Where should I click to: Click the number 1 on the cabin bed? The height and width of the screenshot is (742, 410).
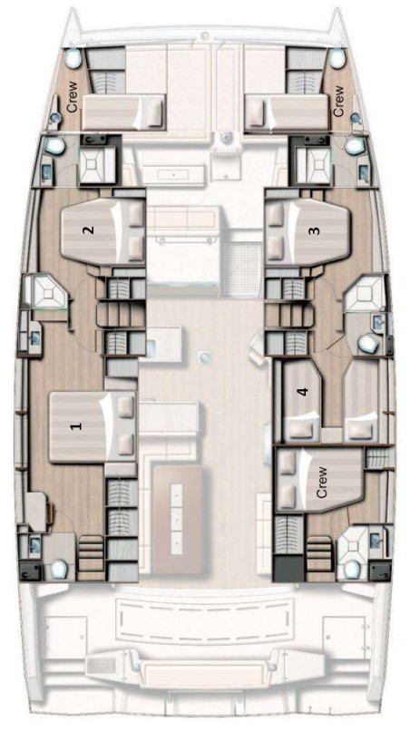pyautogui.click(x=76, y=424)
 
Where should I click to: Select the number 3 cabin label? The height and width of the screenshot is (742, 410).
pyautogui.click(x=315, y=230)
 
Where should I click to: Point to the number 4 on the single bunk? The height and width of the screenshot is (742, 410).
pyautogui.click(x=303, y=392)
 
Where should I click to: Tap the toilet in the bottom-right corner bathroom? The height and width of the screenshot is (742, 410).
pyautogui.click(x=351, y=569)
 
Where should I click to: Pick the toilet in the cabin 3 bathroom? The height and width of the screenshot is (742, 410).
pyautogui.click(x=368, y=344)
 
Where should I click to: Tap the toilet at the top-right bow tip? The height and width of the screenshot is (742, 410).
pyautogui.click(x=337, y=56)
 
